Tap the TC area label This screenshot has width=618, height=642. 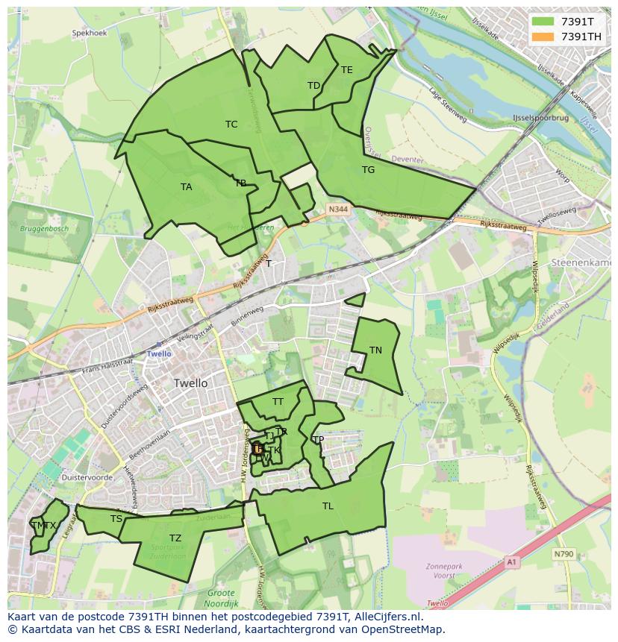[x=231, y=125]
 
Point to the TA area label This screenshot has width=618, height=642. [x=186, y=187]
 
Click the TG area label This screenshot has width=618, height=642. [x=368, y=170]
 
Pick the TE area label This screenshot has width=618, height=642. [x=346, y=70]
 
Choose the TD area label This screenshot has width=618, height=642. [x=313, y=86]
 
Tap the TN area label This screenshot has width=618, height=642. [x=375, y=350]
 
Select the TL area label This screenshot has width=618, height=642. [x=328, y=506]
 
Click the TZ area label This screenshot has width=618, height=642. [x=175, y=538]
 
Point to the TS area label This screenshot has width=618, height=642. [x=116, y=519]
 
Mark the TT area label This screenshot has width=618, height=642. [x=278, y=402]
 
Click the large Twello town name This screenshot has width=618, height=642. [x=191, y=383]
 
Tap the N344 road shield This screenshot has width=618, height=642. [x=337, y=210]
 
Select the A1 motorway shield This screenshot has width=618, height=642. [x=511, y=561]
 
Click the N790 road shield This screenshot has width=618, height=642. [x=564, y=554]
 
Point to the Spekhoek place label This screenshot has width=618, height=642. [x=90, y=34]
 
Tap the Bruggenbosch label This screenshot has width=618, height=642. [x=44, y=228]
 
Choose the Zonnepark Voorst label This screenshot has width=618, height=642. [x=446, y=571]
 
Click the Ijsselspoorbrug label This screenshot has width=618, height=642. [x=541, y=119]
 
